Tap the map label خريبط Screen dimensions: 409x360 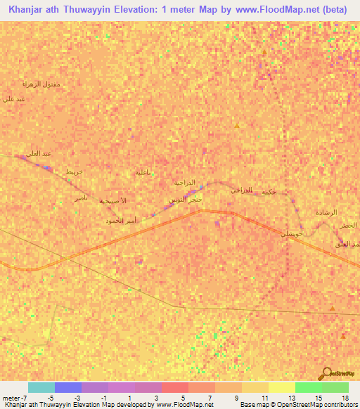coord(75,171)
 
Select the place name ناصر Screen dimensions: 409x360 coord(82,199)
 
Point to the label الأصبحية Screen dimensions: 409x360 coord(113,201)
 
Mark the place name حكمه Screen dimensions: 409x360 coord(268,191)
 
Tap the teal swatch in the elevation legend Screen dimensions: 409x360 coord(41,387)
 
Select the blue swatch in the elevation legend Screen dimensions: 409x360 coord(68,387)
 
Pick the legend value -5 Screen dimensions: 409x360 coord(50,398)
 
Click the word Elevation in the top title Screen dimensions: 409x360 coord(122,8)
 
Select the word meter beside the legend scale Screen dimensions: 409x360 coord(13,398)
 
